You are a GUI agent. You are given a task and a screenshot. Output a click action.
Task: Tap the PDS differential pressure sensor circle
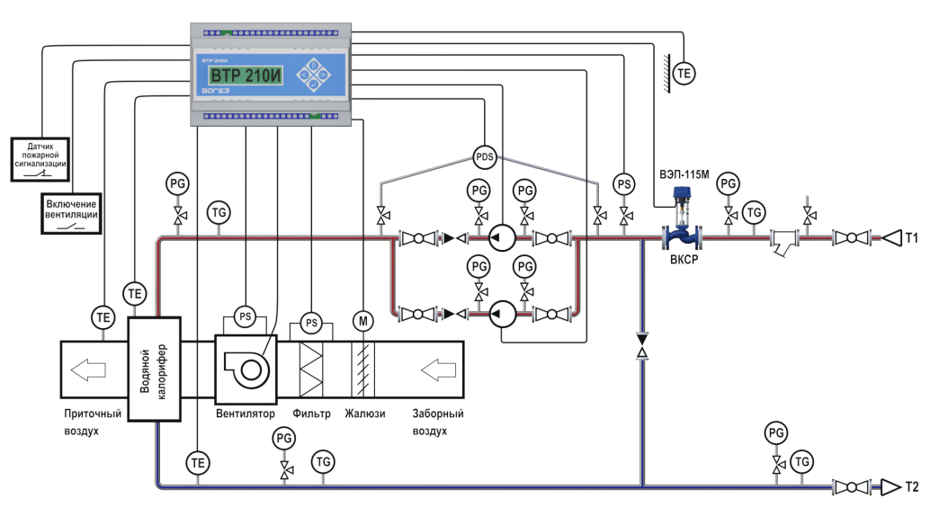[485, 157]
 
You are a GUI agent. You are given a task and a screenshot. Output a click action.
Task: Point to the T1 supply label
[911, 239]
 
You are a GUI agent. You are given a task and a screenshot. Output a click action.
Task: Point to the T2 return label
[911, 488]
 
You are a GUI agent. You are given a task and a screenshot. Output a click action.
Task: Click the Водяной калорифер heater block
[156, 369]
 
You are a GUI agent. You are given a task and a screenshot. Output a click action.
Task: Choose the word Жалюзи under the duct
[365, 414]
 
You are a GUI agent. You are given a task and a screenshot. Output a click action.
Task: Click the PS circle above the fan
[245, 316]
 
